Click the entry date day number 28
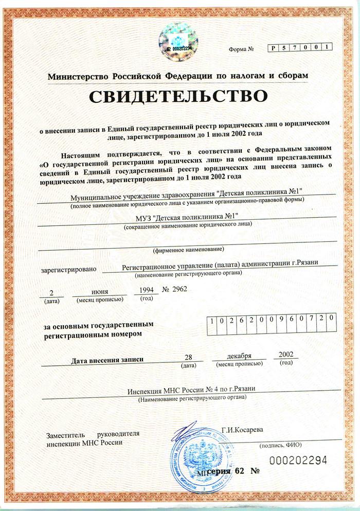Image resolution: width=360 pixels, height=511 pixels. pos(189,357)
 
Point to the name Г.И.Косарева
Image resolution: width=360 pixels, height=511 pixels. pos(242,429)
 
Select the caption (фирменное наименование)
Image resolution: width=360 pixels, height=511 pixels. pos(189,250)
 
